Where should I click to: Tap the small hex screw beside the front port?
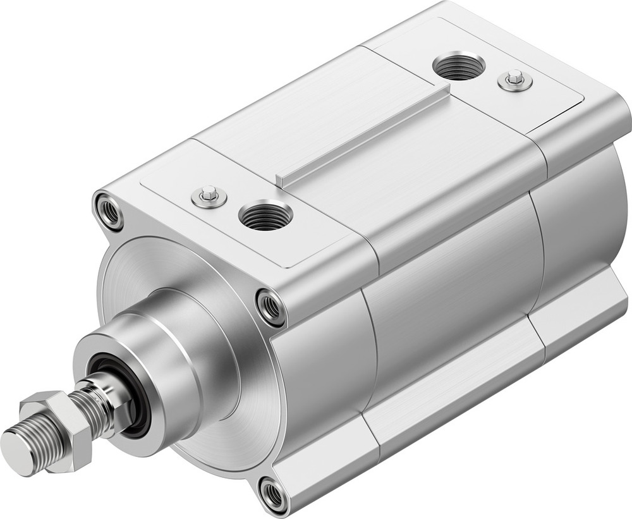209,197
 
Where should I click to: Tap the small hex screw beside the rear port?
515,80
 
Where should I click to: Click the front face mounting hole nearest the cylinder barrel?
271,307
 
